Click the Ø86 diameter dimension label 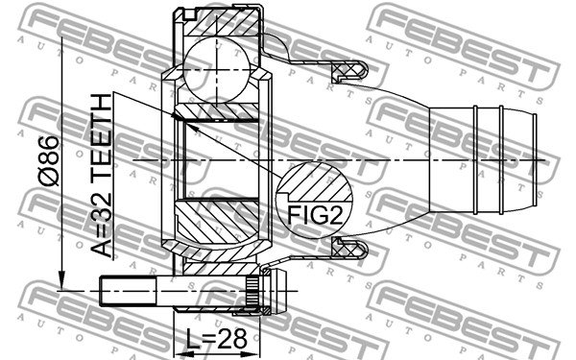pos(49,161)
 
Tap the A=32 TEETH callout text pos(102,176)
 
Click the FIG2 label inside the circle pos(315,214)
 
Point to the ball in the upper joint pos(217,70)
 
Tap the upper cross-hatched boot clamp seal pos(349,71)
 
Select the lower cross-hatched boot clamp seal pos(349,248)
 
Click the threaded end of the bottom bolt pos(127,291)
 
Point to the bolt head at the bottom pos(275,291)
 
